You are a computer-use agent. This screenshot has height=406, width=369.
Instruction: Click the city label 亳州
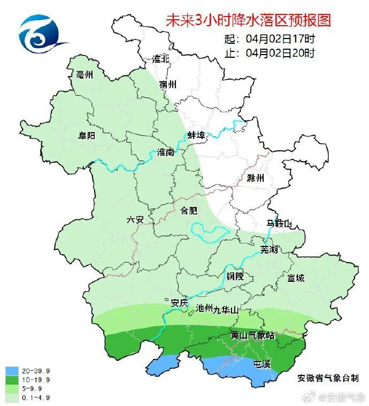[84, 75]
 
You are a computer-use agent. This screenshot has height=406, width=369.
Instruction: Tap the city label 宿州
[167, 85]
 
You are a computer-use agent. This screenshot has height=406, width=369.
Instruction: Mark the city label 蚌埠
[196, 135]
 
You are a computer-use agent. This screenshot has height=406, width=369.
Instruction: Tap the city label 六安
[135, 219]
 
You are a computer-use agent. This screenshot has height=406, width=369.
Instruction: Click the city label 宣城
[295, 278]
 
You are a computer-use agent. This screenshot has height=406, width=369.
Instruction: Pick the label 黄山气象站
[252, 335]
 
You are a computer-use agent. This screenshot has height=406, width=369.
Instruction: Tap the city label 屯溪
[262, 364]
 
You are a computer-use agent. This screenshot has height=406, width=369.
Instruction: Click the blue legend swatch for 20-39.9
[12, 371]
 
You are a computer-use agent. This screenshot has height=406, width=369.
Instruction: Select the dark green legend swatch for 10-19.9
[12, 380]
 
